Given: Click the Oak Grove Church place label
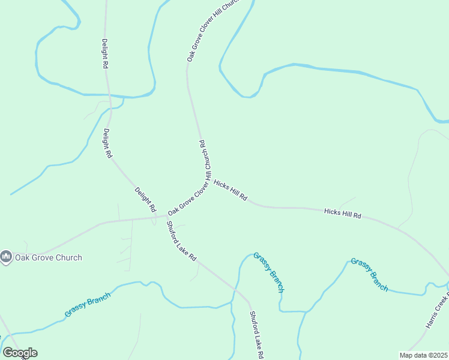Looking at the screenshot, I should click(49, 257).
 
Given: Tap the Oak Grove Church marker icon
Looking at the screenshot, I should click(6, 257).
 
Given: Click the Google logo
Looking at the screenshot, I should click(20, 352).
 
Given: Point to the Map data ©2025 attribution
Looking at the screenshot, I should click(423, 355).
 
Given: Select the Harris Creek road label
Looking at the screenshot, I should click(436, 311).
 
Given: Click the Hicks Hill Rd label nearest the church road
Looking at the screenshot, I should click(231, 190).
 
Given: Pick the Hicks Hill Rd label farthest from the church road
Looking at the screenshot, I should click(343, 213).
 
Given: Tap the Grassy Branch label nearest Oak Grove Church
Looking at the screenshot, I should click(88, 305).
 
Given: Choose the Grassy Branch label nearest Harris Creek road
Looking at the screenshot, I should click(369, 274).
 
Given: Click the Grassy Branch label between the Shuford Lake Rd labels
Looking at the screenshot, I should click(268, 272).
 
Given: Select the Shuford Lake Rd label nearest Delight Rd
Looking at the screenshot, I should click(181, 241).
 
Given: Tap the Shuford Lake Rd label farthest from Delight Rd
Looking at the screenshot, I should click(257, 335).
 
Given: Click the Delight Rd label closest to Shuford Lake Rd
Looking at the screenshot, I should click(145, 200).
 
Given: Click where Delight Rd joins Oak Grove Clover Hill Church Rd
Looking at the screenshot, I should click(158, 217).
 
